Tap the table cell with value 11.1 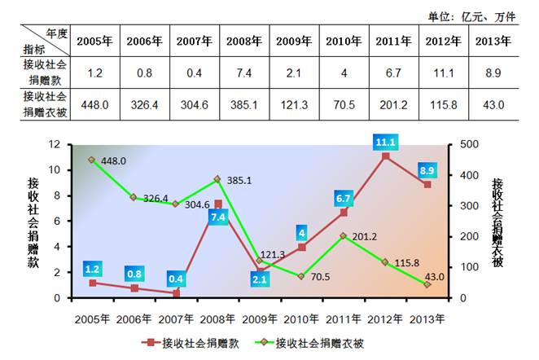point(443,73)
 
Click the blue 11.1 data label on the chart point(386,141)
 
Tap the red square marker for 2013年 point(427,184)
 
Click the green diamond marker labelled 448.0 point(92,160)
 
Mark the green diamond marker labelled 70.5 point(301,276)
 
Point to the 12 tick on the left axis point(56,145)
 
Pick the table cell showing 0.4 point(195,73)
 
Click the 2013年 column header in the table point(493,41)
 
